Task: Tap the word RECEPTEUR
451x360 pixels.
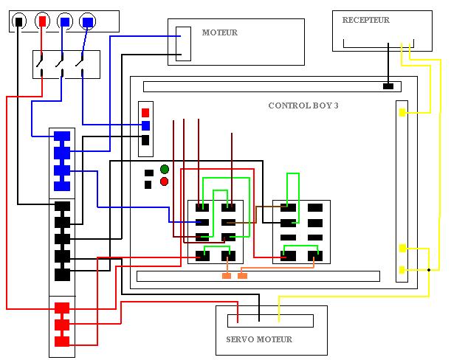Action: click(365, 20)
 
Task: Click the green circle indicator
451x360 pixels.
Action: click(164, 170)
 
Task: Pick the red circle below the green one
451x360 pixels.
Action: click(164, 181)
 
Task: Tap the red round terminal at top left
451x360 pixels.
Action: click(43, 21)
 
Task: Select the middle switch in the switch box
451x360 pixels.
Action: click(60, 64)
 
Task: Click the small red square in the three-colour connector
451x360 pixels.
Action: click(145, 112)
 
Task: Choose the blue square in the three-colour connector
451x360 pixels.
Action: click(145, 125)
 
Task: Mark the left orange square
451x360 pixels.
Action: click(227, 276)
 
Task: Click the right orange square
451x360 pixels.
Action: click(242, 276)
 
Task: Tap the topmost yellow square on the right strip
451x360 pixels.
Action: click(402, 112)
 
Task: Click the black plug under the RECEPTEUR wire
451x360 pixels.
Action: click(388, 86)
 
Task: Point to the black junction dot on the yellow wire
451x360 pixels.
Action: click(428, 270)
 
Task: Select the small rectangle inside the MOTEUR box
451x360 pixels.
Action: click(184, 44)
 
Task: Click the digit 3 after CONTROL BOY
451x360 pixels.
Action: click(336, 105)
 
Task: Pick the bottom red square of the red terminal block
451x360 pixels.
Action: click(62, 341)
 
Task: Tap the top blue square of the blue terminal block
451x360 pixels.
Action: click(62, 136)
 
